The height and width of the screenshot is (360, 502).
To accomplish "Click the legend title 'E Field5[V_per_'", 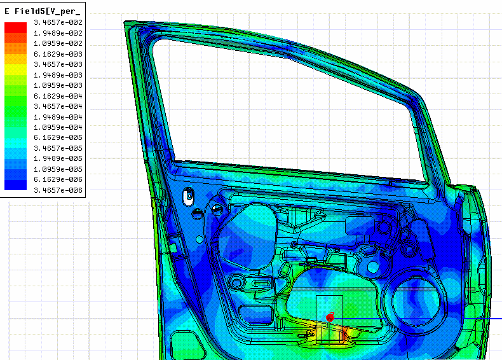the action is (x=43, y=11).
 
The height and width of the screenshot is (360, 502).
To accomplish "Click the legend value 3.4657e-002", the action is (x=58, y=22).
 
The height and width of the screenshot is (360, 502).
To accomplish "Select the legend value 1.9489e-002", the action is (x=58, y=33).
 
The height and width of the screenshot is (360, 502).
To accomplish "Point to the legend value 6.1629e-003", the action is (x=58, y=54).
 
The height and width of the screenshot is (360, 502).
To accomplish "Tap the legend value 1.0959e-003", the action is (x=58, y=85).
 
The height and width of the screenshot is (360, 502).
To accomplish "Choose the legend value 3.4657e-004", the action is (x=58, y=106).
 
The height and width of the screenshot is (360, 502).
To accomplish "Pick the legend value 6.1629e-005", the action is (x=58, y=137).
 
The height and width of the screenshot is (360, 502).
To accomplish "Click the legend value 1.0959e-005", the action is (x=58, y=169).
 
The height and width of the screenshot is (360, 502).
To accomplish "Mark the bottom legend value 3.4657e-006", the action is (x=58, y=190).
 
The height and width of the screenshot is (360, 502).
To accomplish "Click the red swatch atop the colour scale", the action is (x=15, y=27).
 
